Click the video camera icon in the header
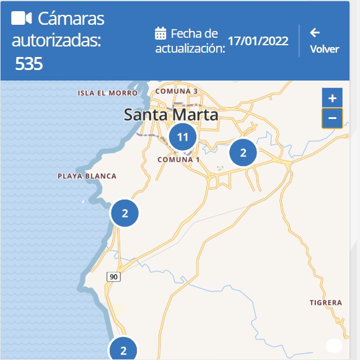[22, 19]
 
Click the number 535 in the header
[29, 63]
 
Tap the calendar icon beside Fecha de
[160, 33]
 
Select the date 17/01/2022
[258, 41]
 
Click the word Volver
[324, 49]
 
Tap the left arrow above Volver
[315, 33]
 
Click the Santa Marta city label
[171, 115]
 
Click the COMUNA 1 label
[178, 159]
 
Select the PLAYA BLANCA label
[87, 176]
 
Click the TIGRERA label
[325, 303]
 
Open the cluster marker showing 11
[182, 137]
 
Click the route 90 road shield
[113, 276]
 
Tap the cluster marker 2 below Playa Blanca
[125, 214]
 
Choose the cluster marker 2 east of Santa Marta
[243, 152]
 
